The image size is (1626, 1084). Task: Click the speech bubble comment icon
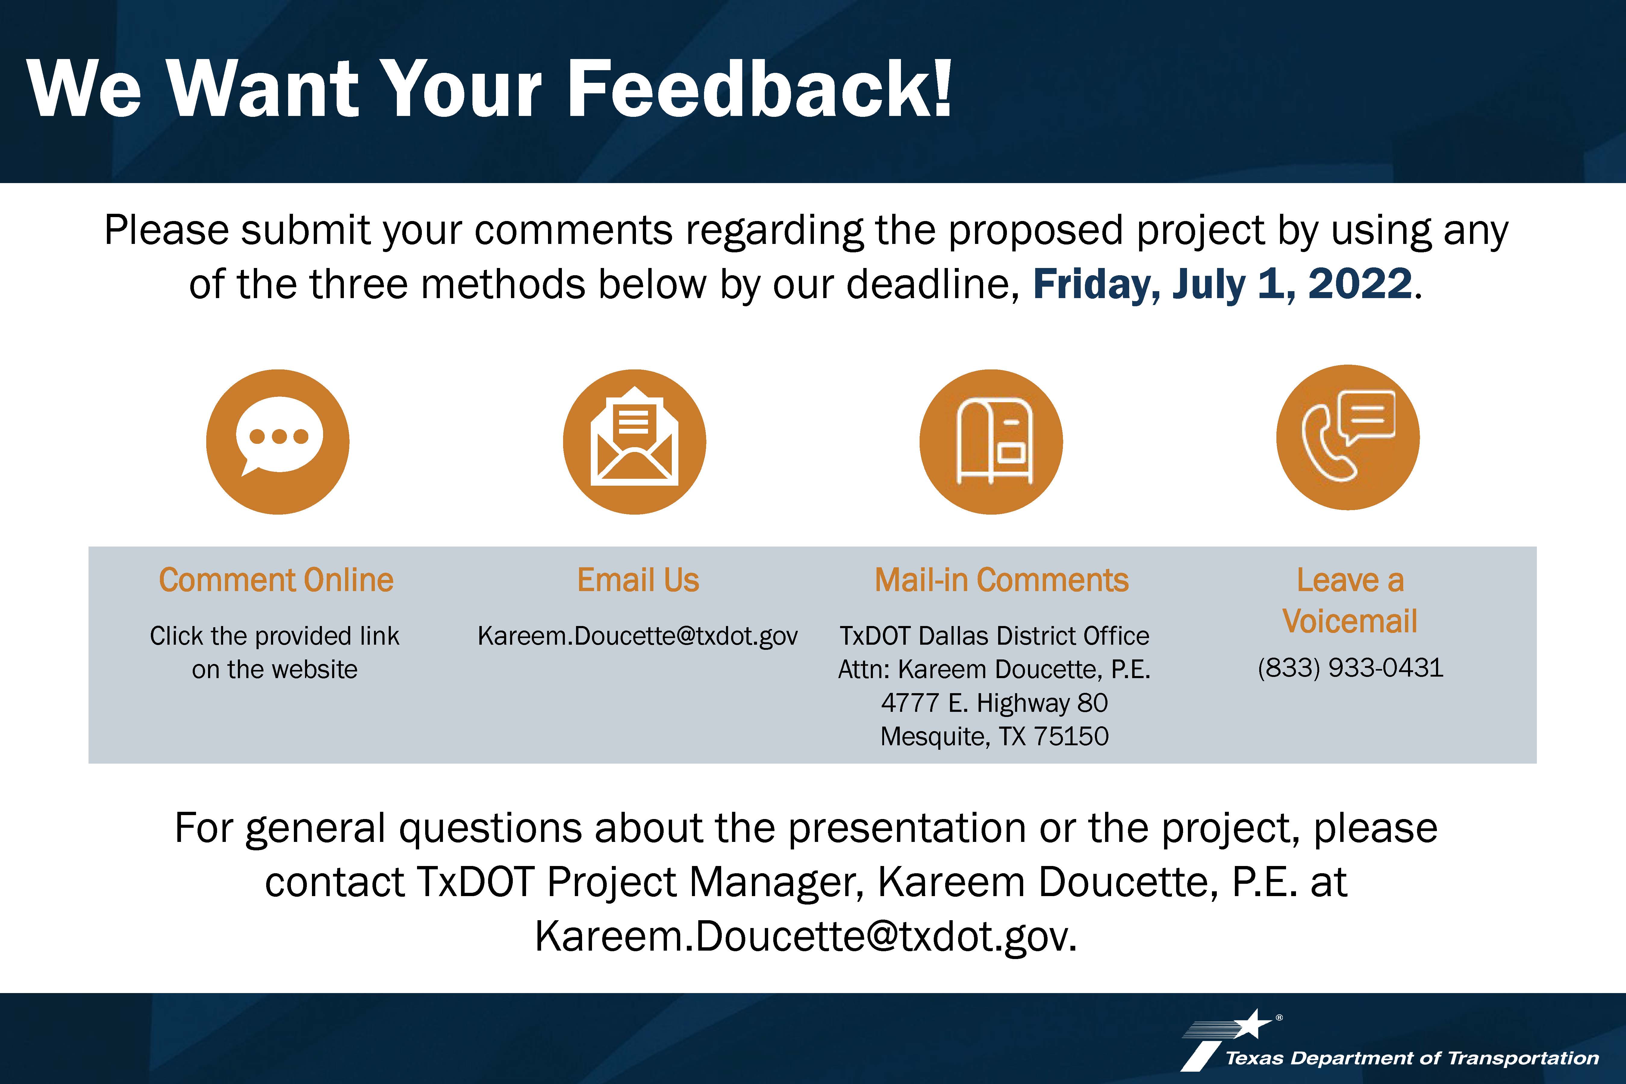coord(278,442)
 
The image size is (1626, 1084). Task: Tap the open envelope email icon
coord(635,442)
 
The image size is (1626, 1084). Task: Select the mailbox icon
coord(991,442)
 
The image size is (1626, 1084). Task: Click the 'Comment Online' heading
coord(276,580)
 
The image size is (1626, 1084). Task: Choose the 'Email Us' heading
coord(638,580)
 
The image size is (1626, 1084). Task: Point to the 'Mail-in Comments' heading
coord(1002,580)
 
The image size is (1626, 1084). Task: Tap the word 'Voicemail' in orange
coord(1350,621)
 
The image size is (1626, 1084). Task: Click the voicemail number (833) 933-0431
coord(1350,668)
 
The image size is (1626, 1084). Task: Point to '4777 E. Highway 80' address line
coord(994,703)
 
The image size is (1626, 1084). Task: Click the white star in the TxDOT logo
coord(1253,1024)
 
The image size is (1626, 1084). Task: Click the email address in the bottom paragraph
coord(806,937)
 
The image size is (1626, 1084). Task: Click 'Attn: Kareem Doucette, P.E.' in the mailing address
coord(994,669)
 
